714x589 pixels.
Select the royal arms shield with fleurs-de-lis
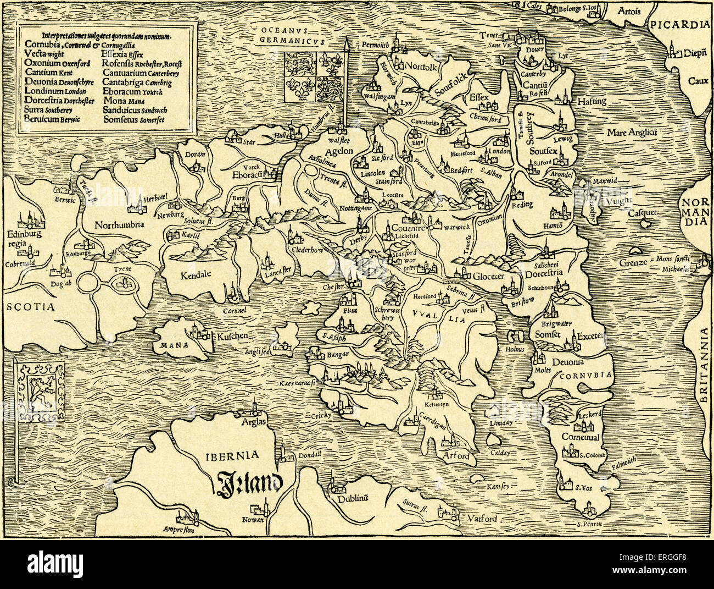[311, 76]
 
